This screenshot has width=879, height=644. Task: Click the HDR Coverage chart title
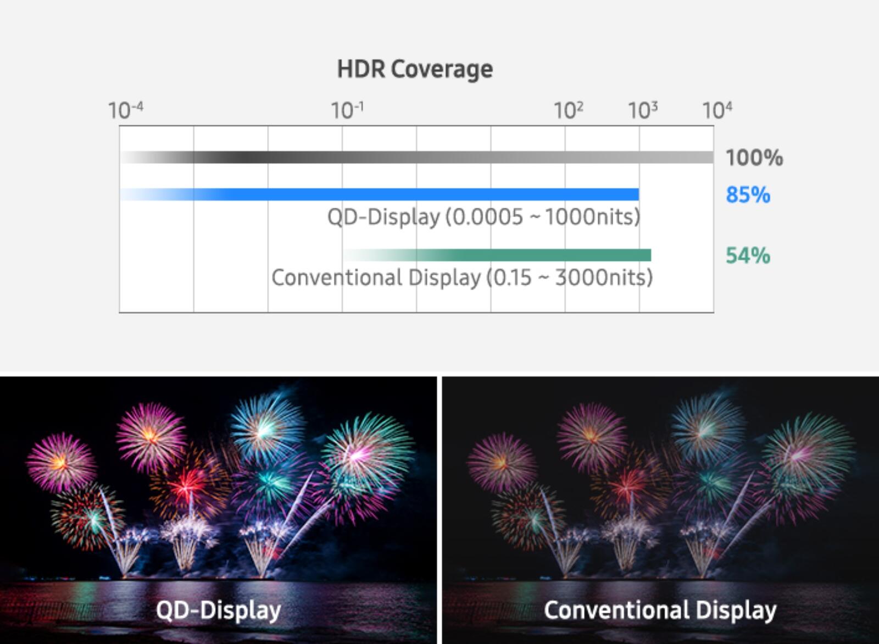coord(415,69)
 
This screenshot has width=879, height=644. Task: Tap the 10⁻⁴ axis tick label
coord(126,110)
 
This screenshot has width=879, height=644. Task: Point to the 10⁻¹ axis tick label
coord(347,110)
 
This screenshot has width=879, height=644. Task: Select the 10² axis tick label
coord(569,110)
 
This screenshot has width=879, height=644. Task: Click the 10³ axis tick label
coord(643,110)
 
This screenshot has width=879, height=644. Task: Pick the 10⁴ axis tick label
coord(717,110)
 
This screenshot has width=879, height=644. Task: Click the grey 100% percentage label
coord(754,158)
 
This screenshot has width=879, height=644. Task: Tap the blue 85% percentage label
coord(748,195)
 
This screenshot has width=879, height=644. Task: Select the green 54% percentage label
coord(748,256)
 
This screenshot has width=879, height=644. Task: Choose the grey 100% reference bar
coord(418,158)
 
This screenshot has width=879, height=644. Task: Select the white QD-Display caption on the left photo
coord(218,610)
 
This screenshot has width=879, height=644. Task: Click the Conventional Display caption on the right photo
coord(660,610)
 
